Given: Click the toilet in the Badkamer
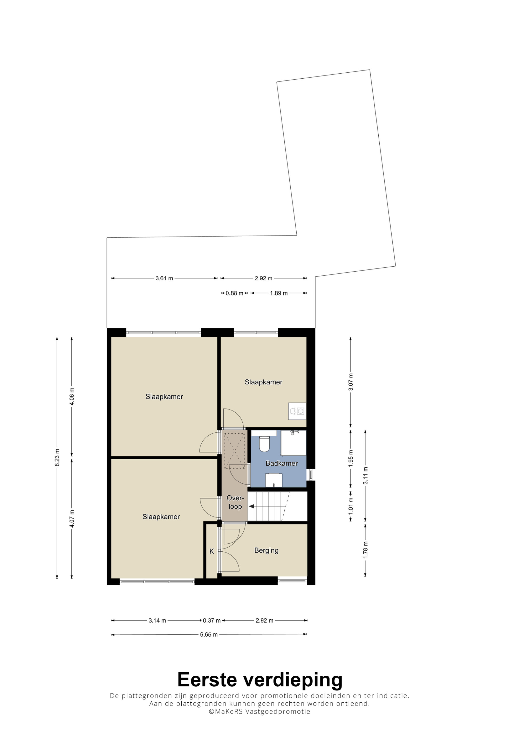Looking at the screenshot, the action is click(x=264, y=444).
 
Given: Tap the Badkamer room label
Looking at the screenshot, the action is click(x=281, y=463).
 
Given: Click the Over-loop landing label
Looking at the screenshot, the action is click(x=235, y=502).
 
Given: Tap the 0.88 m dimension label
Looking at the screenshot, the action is click(x=234, y=293).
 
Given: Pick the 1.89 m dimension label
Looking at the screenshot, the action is click(x=278, y=293).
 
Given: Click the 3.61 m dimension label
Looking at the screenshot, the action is click(x=164, y=278).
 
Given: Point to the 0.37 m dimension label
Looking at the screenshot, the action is click(x=212, y=620).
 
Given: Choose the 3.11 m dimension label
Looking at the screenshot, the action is click(x=366, y=475).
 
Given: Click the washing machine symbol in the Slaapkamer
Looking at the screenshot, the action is click(x=297, y=411).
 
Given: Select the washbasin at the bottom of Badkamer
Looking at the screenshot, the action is click(x=274, y=480).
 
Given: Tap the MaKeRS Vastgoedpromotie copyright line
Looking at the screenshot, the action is click(x=259, y=711).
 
